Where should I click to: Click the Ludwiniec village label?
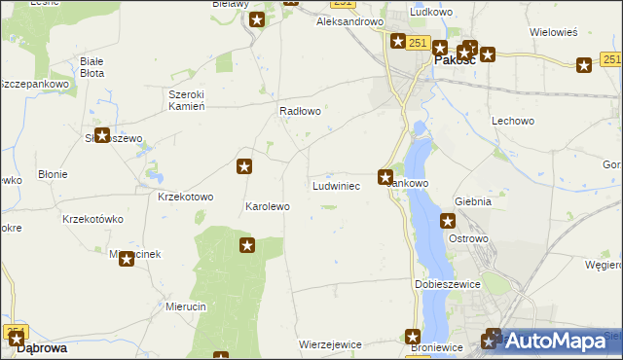337,185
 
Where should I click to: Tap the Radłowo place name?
300,112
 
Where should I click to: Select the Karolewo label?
267,207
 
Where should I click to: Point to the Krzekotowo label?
185,197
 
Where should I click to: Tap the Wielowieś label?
554,32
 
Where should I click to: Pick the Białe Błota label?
92,67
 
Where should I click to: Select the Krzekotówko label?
90,219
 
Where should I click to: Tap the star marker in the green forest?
247,245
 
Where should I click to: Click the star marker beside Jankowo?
386,177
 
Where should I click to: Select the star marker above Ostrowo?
448,221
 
